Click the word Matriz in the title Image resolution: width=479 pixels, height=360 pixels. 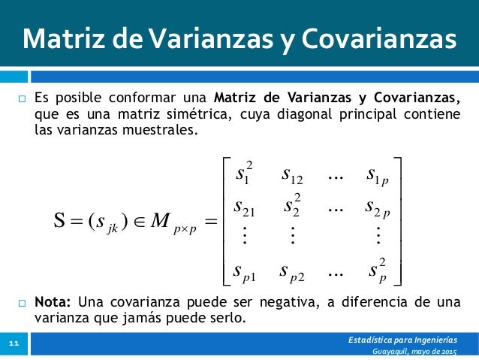59,40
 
